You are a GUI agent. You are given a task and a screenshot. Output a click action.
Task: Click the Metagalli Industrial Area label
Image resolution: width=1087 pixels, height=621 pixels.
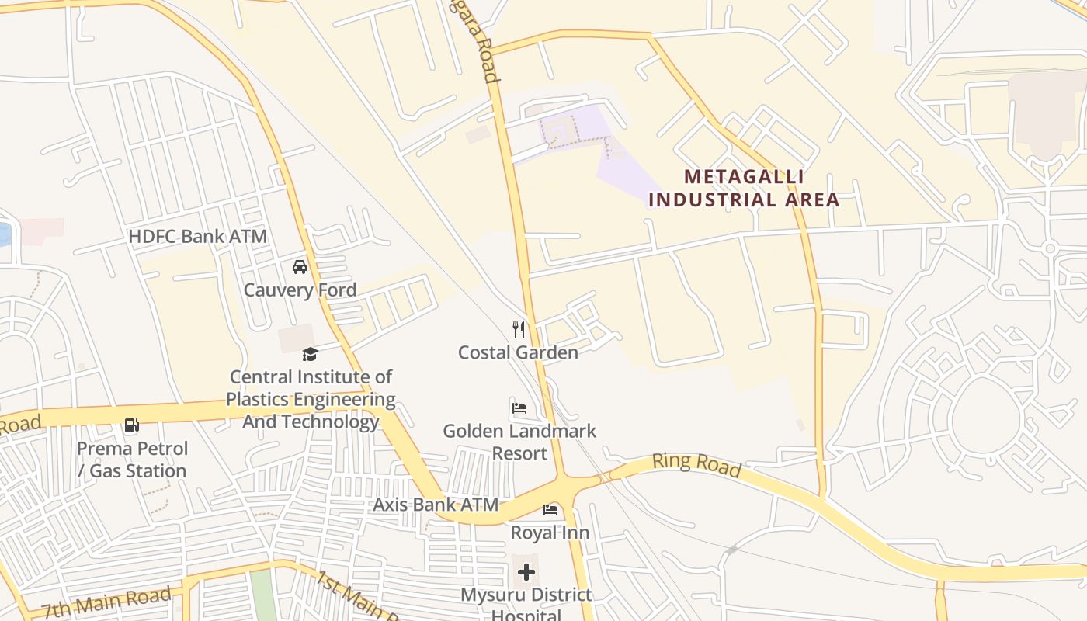tap(744, 189)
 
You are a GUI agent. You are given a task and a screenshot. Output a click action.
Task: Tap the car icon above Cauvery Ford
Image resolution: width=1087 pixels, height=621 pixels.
tap(300, 268)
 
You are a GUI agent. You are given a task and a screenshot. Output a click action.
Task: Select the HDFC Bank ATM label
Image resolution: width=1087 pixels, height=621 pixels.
tap(197, 236)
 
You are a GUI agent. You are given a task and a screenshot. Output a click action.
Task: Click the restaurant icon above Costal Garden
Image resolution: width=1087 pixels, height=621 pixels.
tap(519, 330)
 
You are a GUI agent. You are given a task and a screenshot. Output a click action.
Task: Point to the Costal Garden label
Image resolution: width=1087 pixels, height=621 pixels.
tap(518, 352)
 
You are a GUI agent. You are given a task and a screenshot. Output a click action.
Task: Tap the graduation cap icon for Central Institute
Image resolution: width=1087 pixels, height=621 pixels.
tap(310, 355)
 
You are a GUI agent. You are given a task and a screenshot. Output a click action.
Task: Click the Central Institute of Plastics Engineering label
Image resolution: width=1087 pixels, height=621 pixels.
tap(311, 399)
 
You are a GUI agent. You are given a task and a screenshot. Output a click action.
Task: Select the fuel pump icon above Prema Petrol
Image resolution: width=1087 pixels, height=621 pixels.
tap(132, 425)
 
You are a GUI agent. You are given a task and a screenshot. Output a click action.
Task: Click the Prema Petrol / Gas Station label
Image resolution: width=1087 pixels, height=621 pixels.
tap(132, 460)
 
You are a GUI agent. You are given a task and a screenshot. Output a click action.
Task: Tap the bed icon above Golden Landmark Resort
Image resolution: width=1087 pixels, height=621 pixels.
tap(519, 408)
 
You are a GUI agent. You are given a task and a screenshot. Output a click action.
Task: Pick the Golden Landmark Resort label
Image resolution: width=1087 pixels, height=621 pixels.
tap(519, 442)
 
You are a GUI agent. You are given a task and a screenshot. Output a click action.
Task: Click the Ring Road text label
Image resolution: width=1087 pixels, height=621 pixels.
tap(696, 464)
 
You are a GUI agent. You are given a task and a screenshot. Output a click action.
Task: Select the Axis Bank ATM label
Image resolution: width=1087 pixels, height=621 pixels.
tap(436, 505)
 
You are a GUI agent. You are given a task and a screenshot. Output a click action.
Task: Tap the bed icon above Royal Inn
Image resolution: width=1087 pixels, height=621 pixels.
tap(550, 510)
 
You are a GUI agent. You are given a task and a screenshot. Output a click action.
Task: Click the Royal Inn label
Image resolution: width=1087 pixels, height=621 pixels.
tap(550, 533)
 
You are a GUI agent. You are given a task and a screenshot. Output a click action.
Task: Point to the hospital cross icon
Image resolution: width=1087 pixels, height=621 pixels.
tap(526, 573)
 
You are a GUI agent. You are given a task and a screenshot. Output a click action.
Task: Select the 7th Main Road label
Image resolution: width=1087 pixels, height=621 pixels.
tap(106, 603)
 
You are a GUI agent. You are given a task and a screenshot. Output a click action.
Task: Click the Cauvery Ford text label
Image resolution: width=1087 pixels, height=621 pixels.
tap(300, 290)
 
